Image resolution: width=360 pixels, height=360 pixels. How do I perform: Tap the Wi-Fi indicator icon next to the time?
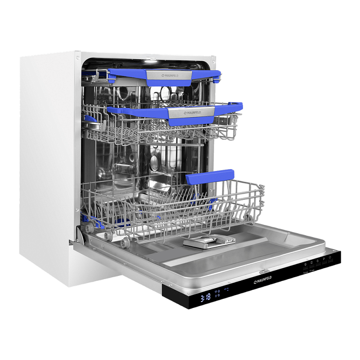[216, 292]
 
